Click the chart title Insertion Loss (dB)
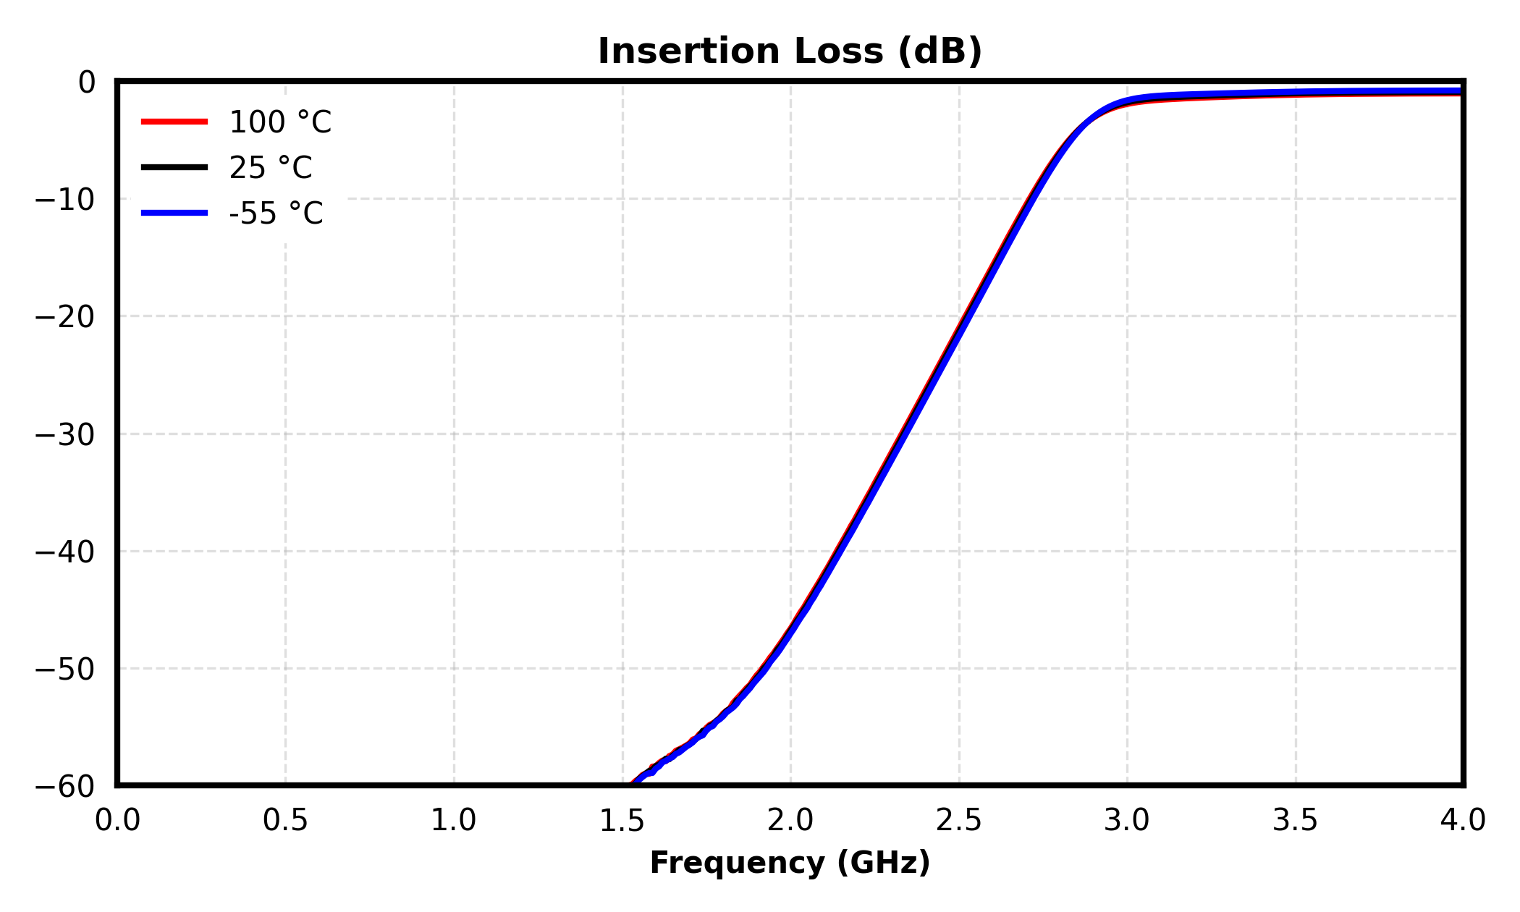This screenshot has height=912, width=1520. (x=790, y=52)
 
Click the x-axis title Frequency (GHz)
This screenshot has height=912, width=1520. (x=790, y=864)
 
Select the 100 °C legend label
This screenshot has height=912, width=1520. (x=280, y=122)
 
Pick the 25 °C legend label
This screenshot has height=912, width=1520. (x=271, y=168)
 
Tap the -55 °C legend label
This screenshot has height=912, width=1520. (x=276, y=214)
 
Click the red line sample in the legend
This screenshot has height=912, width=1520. (x=174, y=122)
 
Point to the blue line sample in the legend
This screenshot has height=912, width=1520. (x=174, y=213)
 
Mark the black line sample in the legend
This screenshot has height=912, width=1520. (x=174, y=167)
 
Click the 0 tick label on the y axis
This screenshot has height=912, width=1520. (x=86, y=83)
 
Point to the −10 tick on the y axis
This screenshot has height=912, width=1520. (x=64, y=200)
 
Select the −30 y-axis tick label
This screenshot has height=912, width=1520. (x=64, y=435)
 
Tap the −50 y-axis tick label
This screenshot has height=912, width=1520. (x=64, y=670)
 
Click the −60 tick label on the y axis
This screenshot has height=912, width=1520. (x=64, y=787)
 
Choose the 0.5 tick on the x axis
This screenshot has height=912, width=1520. (x=285, y=821)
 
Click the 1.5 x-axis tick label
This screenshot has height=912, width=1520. (x=622, y=821)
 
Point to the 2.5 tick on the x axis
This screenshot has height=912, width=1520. (x=958, y=821)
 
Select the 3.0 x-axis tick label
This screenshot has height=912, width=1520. (x=1127, y=821)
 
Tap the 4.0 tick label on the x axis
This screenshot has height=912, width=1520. (x=1463, y=821)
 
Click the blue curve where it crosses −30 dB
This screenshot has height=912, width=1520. (x=901, y=434)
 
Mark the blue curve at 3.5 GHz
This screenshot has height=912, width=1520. (x=1295, y=93)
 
